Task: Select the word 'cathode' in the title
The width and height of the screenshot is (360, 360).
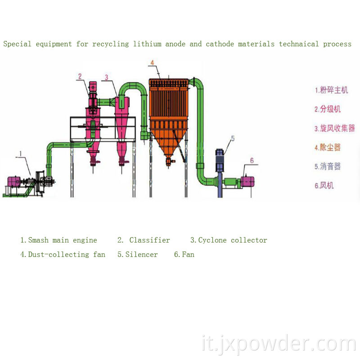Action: click(x=220, y=44)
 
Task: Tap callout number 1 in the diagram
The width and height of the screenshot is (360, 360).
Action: click(x=20, y=154)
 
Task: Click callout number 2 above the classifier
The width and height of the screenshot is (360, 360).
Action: click(x=80, y=76)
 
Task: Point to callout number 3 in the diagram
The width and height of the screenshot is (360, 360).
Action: click(x=106, y=77)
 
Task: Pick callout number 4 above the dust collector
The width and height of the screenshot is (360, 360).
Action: click(x=152, y=63)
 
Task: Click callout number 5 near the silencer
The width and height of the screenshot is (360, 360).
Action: click(x=233, y=138)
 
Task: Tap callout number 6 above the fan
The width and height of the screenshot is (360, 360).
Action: click(x=252, y=161)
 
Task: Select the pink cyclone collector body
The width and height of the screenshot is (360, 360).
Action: click(x=121, y=112)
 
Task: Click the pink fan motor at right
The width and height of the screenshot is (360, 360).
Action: click(x=247, y=181)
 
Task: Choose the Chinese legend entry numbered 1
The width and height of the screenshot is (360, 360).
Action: click(x=331, y=90)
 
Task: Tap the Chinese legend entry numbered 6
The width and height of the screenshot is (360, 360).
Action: click(x=324, y=185)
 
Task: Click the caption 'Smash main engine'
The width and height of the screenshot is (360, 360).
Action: click(x=58, y=240)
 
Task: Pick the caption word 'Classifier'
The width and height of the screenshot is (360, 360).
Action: click(x=149, y=240)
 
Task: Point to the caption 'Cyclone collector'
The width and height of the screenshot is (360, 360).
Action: click(x=229, y=240)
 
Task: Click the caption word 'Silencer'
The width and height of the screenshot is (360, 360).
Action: click(x=138, y=255)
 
